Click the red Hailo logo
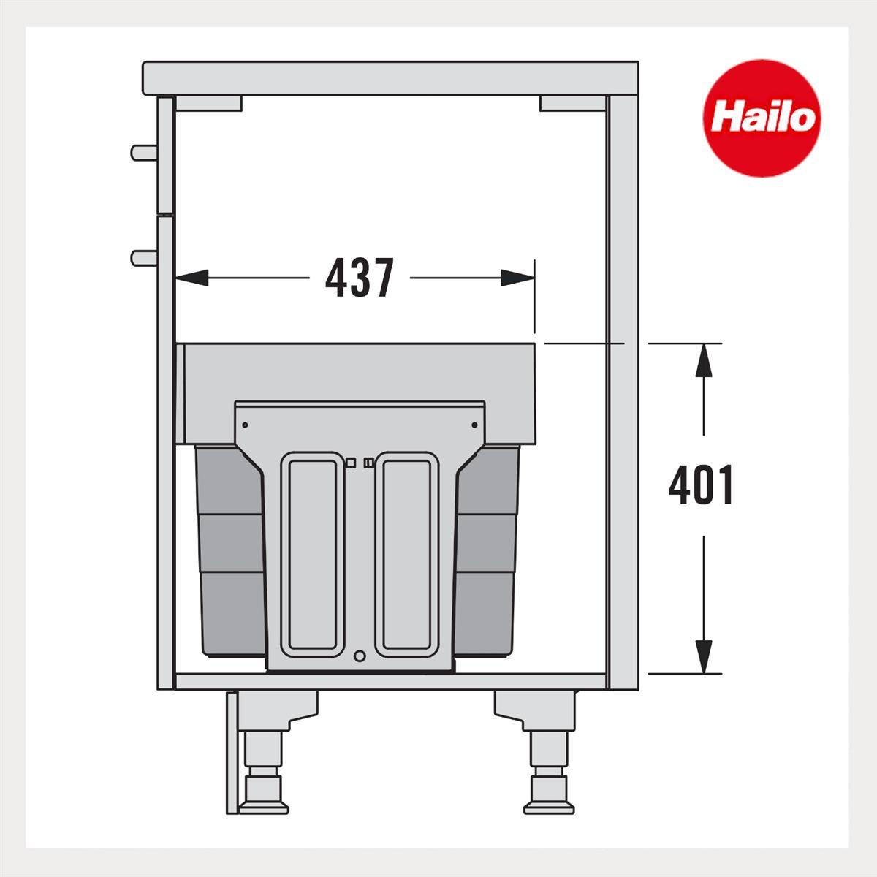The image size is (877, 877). click(x=762, y=118)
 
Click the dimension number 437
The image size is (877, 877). click(x=360, y=278)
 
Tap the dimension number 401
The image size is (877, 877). click(x=700, y=485)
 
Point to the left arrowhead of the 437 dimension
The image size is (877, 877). click(x=192, y=278)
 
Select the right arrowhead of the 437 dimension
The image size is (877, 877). click(x=517, y=278)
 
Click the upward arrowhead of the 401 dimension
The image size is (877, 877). click(x=704, y=360)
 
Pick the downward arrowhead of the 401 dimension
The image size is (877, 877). click(x=704, y=657)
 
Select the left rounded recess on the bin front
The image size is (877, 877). click(x=311, y=555)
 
